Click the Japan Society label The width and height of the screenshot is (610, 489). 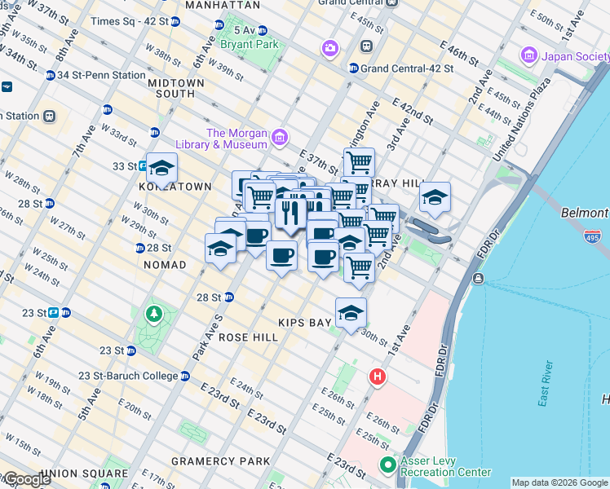click(x=576, y=56)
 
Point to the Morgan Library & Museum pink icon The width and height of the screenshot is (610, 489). click(x=280, y=136)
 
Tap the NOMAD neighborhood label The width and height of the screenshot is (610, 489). click(x=164, y=265)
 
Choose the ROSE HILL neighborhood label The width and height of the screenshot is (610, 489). click(x=243, y=337)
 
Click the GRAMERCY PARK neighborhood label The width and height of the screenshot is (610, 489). click(x=220, y=461)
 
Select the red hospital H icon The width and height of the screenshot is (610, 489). click(x=377, y=377)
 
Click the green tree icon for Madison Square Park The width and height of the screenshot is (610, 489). click(x=153, y=313)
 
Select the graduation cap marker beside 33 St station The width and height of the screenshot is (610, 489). click(x=161, y=168)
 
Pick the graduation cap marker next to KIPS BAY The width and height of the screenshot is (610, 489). click(x=351, y=312)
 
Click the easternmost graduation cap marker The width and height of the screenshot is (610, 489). click(x=435, y=197)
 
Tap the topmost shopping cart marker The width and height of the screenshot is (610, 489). click(x=359, y=161)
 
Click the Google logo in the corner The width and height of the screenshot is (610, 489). click(x=26, y=479)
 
